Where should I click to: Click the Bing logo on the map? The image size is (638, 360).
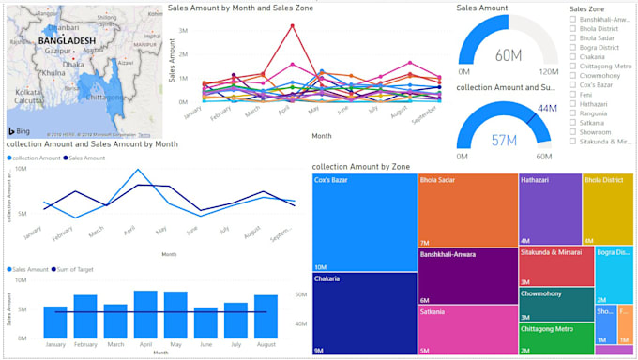pos(20,130)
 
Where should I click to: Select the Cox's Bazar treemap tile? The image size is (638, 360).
pos(364,222)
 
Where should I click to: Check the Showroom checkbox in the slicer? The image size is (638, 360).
pos(573,131)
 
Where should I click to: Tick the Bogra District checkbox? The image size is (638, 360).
pos(573,46)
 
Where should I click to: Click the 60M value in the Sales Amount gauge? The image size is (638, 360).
pos(508,54)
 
